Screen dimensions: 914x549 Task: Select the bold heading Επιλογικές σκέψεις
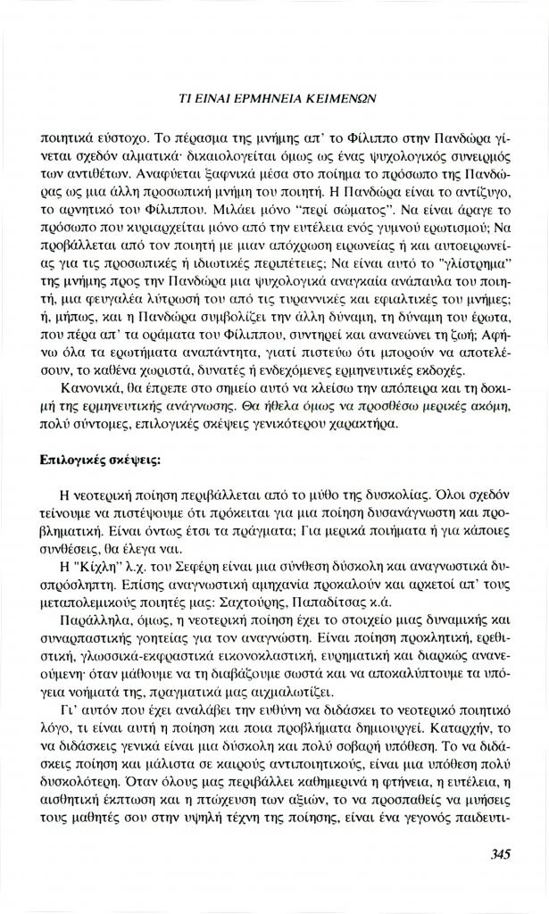[x=100, y=461]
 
